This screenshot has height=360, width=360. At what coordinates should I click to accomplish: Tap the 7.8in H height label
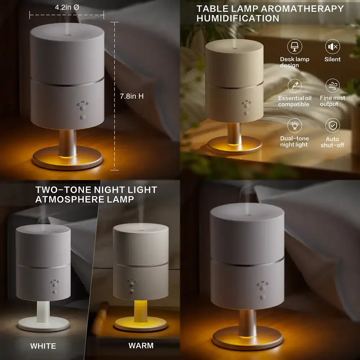[x=132, y=96]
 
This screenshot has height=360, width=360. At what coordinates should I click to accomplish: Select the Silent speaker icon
[x=332, y=46]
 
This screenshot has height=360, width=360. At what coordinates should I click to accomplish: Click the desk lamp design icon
[x=294, y=47]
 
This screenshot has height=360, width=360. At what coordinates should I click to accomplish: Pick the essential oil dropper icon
[x=294, y=86]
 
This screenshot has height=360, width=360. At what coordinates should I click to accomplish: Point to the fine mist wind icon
[x=332, y=86]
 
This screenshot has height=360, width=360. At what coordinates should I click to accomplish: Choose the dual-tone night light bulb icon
[x=294, y=126]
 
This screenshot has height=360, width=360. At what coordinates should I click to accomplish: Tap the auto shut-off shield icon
[x=332, y=126]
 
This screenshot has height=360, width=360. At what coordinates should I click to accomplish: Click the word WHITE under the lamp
[x=43, y=346]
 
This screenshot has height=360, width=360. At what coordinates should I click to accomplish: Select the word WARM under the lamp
[x=141, y=346]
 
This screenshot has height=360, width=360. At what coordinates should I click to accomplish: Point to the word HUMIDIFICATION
[x=238, y=18]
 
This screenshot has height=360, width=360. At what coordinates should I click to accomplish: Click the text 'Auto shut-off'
[x=332, y=142]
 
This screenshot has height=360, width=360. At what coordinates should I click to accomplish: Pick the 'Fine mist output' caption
[x=332, y=101]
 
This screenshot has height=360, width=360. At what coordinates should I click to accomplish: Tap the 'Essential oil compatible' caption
[x=294, y=101]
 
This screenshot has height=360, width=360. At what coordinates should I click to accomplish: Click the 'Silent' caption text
[x=332, y=59]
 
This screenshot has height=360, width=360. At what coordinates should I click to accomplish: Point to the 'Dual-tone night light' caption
[x=294, y=141]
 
